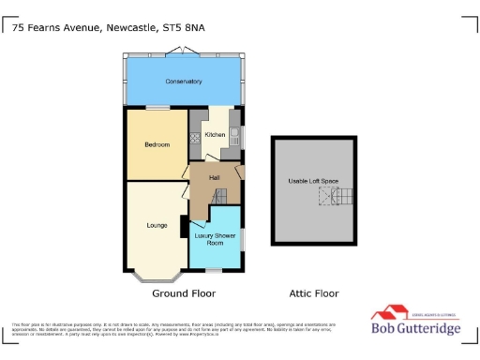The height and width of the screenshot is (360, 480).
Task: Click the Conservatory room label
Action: pos(184,82)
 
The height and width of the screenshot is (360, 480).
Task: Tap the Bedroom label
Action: pos(157,144)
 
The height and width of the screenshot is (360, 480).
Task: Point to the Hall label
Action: pos(214,176)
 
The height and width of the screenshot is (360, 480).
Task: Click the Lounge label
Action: pos(157,225)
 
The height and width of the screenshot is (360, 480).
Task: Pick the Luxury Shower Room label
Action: pos(215,239)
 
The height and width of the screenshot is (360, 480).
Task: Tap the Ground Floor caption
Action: pos(186,292)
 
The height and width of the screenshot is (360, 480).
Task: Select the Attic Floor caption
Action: pos(312,292)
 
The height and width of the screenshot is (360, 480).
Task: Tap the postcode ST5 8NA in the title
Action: pos(184,28)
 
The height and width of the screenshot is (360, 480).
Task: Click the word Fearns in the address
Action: pos(50,28)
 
